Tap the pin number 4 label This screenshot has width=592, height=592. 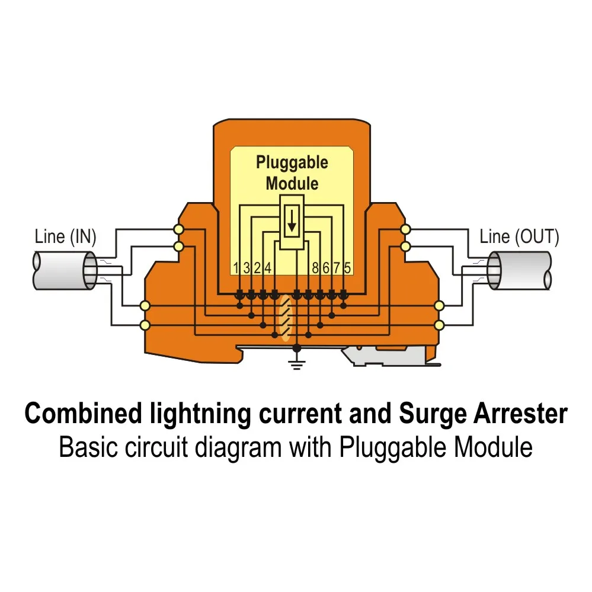268,267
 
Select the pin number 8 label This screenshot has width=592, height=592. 315,267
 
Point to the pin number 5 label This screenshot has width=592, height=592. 347,267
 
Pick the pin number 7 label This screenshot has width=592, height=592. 337,267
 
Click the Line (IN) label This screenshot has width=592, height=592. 65,237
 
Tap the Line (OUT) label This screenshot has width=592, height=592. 519,237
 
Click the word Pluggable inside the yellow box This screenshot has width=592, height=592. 292,162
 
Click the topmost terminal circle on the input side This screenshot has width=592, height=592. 177,229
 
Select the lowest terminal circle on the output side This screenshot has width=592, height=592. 439,325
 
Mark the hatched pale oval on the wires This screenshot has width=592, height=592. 286,318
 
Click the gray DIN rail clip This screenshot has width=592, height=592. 385,356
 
